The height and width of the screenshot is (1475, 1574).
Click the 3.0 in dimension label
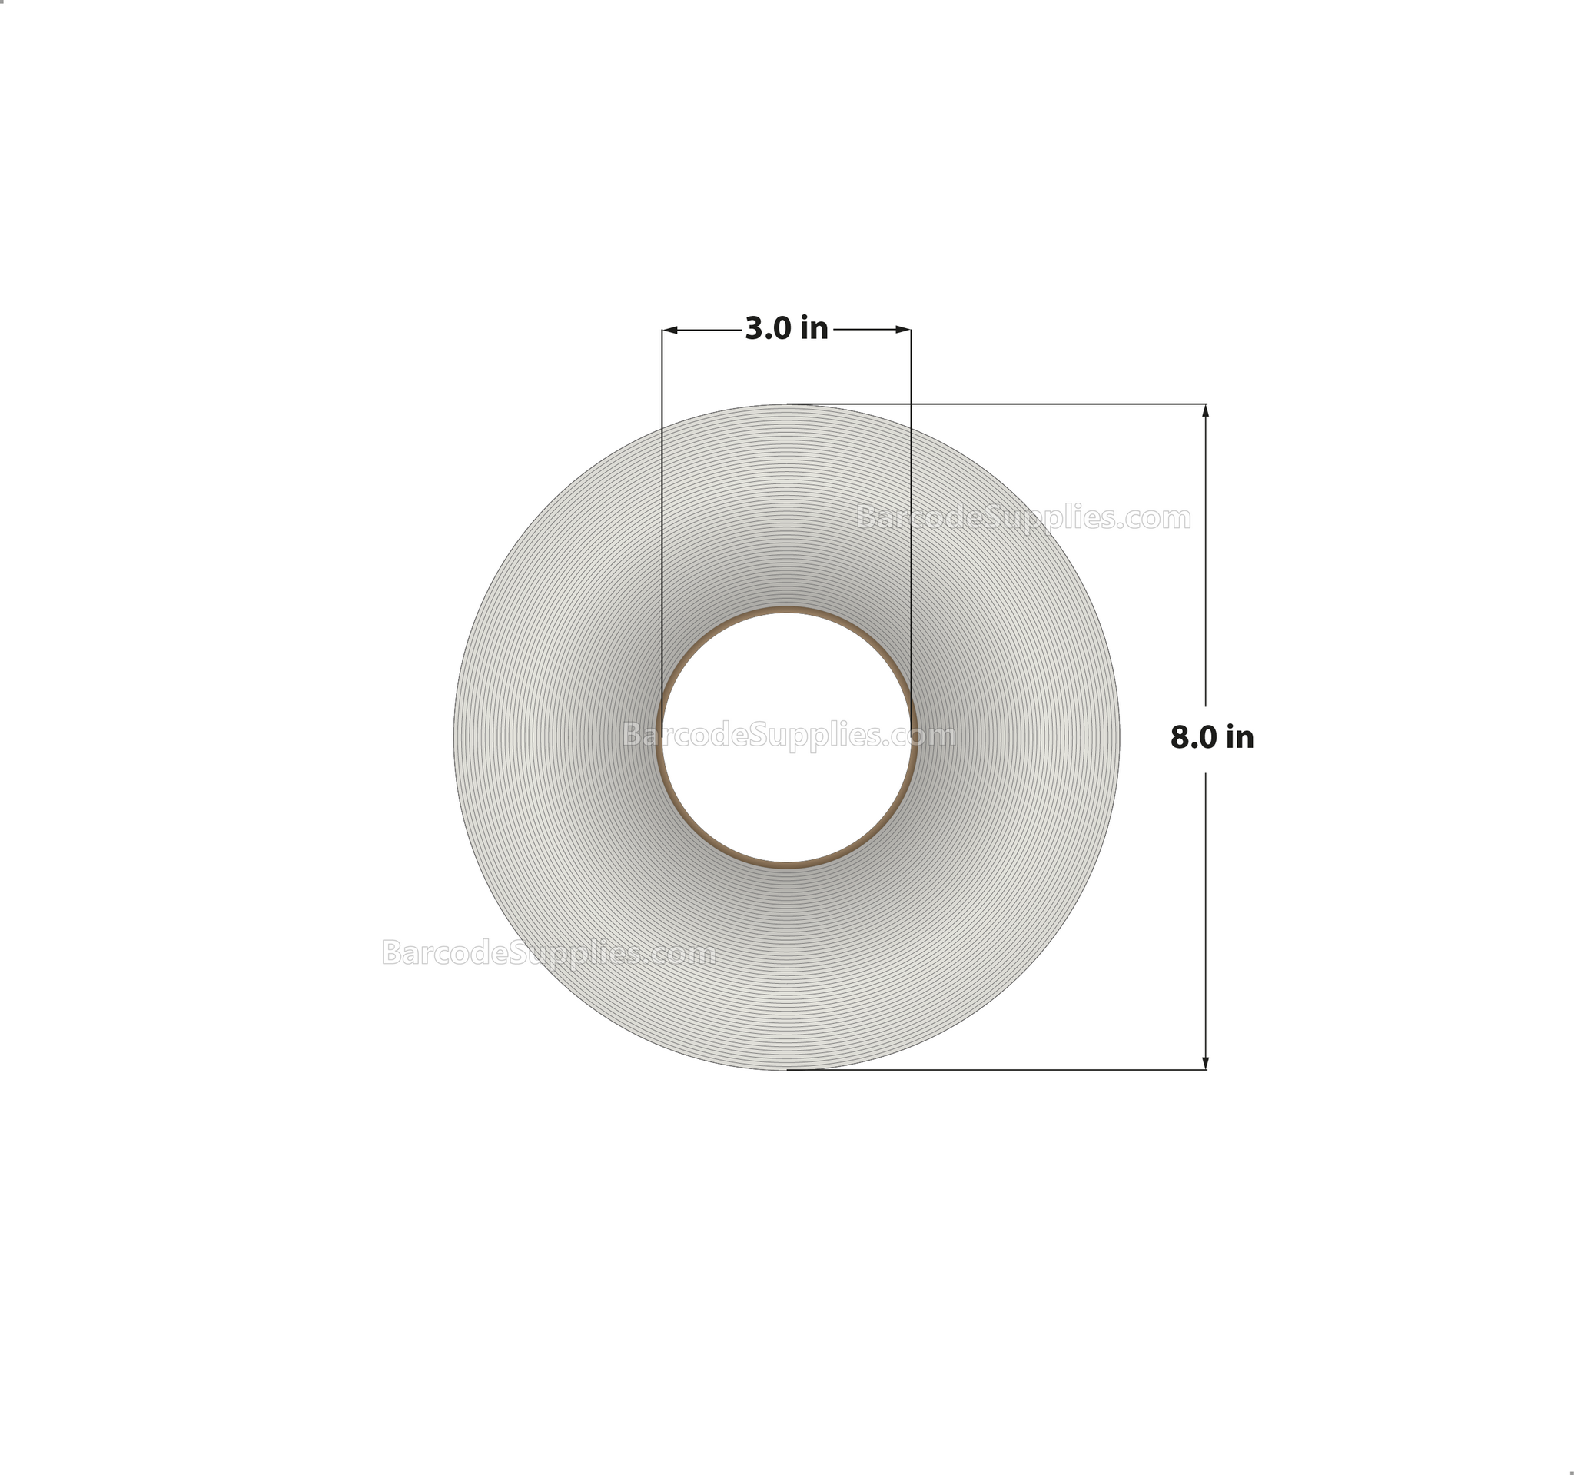[786, 328]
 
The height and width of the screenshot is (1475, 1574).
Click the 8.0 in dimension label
[1211, 737]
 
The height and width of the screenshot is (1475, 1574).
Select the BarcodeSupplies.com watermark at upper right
[1023, 518]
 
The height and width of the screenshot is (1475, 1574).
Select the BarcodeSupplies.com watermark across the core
[789, 736]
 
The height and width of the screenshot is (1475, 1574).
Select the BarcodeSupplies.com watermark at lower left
[549, 952]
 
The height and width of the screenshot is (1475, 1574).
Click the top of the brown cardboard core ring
[786, 610]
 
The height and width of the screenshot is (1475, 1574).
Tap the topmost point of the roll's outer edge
[786, 404]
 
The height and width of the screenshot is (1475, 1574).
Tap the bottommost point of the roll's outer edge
[786, 1070]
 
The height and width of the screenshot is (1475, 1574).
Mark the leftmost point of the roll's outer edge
[454, 737]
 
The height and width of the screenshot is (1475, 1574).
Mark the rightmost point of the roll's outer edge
[1119, 737]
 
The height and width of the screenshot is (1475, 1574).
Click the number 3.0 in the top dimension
[766, 328]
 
